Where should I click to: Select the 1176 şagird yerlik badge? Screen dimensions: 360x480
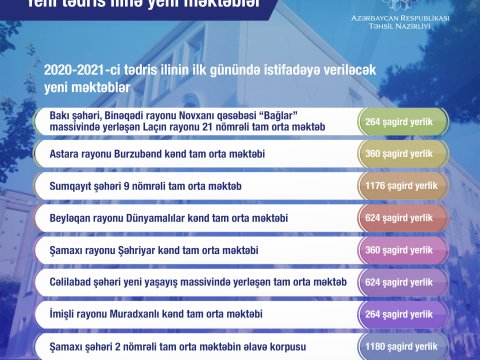coord(403,186)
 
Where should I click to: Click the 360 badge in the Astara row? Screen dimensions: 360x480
coord(403,155)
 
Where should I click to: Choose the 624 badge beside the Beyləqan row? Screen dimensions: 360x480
coord(403,217)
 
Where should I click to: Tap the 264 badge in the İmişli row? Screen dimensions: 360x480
coord(403,312)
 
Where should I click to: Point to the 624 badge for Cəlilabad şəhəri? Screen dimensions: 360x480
coord(403,281)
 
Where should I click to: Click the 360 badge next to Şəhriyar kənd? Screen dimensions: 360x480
coord(403,249)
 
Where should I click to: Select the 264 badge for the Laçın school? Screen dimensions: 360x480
coord(403,123)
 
